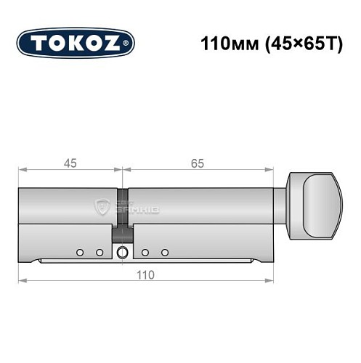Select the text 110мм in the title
(x=222, y=43)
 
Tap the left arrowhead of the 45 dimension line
(x=21, y=172)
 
